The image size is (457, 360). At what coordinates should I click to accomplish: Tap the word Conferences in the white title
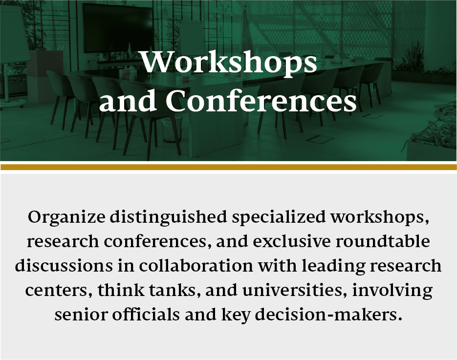[x=261, y=101]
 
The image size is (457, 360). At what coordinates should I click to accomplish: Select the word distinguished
[x=169, y=217]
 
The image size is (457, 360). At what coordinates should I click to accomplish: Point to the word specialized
[x=279, y=217]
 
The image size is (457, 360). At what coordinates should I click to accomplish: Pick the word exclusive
[x=292, y=241]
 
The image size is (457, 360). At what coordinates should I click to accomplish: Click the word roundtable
[x=383, y=241]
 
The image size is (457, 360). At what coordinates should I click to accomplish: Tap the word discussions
[x=64, y=266]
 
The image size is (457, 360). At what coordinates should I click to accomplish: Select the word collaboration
[x=196, y=266]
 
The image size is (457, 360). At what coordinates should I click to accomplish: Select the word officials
[x=146, y=314]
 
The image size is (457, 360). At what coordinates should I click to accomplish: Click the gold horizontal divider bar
[x=229, y=167]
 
